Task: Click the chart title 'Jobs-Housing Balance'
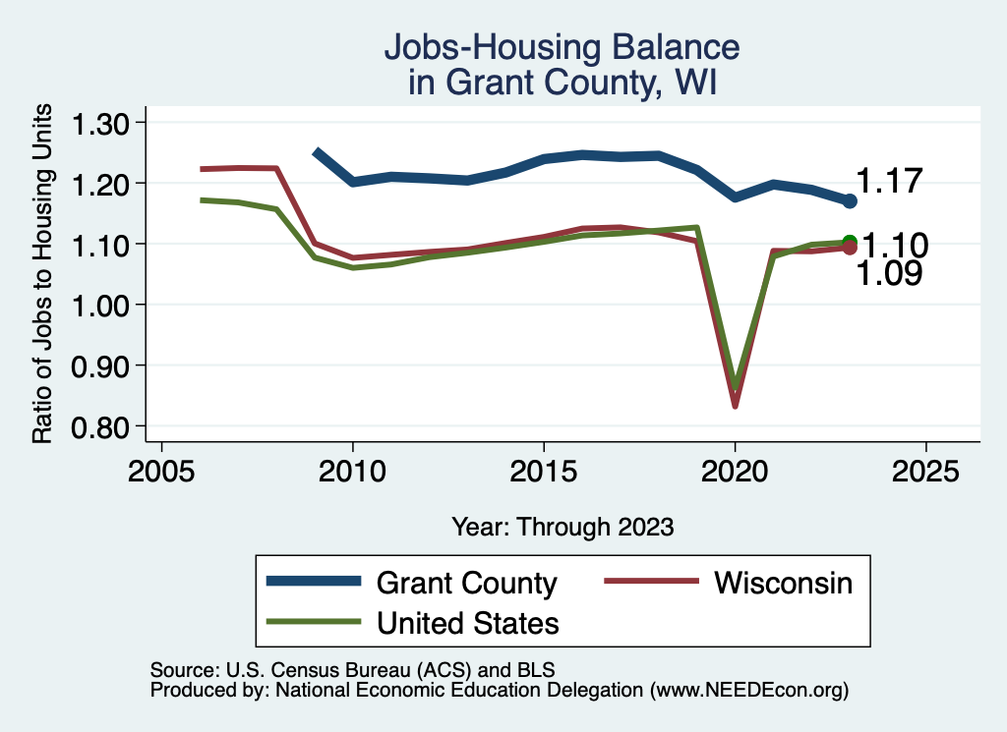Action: click(561, 47)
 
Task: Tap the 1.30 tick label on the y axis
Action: click(103, 123)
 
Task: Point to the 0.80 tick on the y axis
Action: click(103, 426)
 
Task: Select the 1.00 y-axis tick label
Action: click(103, 305)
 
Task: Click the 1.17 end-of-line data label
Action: click(889, 181)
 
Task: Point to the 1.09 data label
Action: click(889, 274)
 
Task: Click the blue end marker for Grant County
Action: click(851, 200)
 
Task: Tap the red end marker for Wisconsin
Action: click(851, 248)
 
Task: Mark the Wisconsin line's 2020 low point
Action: click(735, 405)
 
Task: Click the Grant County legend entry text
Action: click(466, 583)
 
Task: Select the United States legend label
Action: click(467, 622)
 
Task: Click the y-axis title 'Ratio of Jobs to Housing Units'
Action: click(43, 275)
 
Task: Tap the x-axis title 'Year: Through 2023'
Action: click(563, 527)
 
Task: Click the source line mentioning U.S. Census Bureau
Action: click(352, 670)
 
